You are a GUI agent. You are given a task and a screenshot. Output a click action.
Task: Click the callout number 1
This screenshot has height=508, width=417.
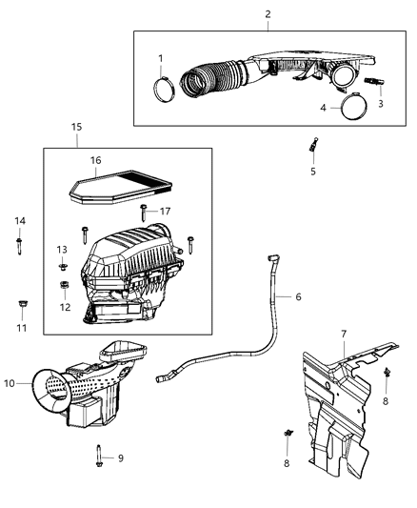pos(161,58)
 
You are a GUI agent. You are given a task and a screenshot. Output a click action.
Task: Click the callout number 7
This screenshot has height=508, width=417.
pos(345,333)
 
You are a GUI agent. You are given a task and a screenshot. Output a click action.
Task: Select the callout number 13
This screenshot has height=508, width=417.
pos(64,251)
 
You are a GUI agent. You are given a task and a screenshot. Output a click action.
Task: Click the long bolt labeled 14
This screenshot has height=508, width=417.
pos(20,242)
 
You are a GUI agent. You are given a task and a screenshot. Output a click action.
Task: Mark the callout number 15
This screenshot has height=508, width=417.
pos(77,127)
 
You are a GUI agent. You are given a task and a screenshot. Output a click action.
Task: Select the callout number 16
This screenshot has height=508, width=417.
pos(94,161)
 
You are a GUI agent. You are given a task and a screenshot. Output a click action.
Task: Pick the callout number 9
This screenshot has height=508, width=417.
pos(120,458)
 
